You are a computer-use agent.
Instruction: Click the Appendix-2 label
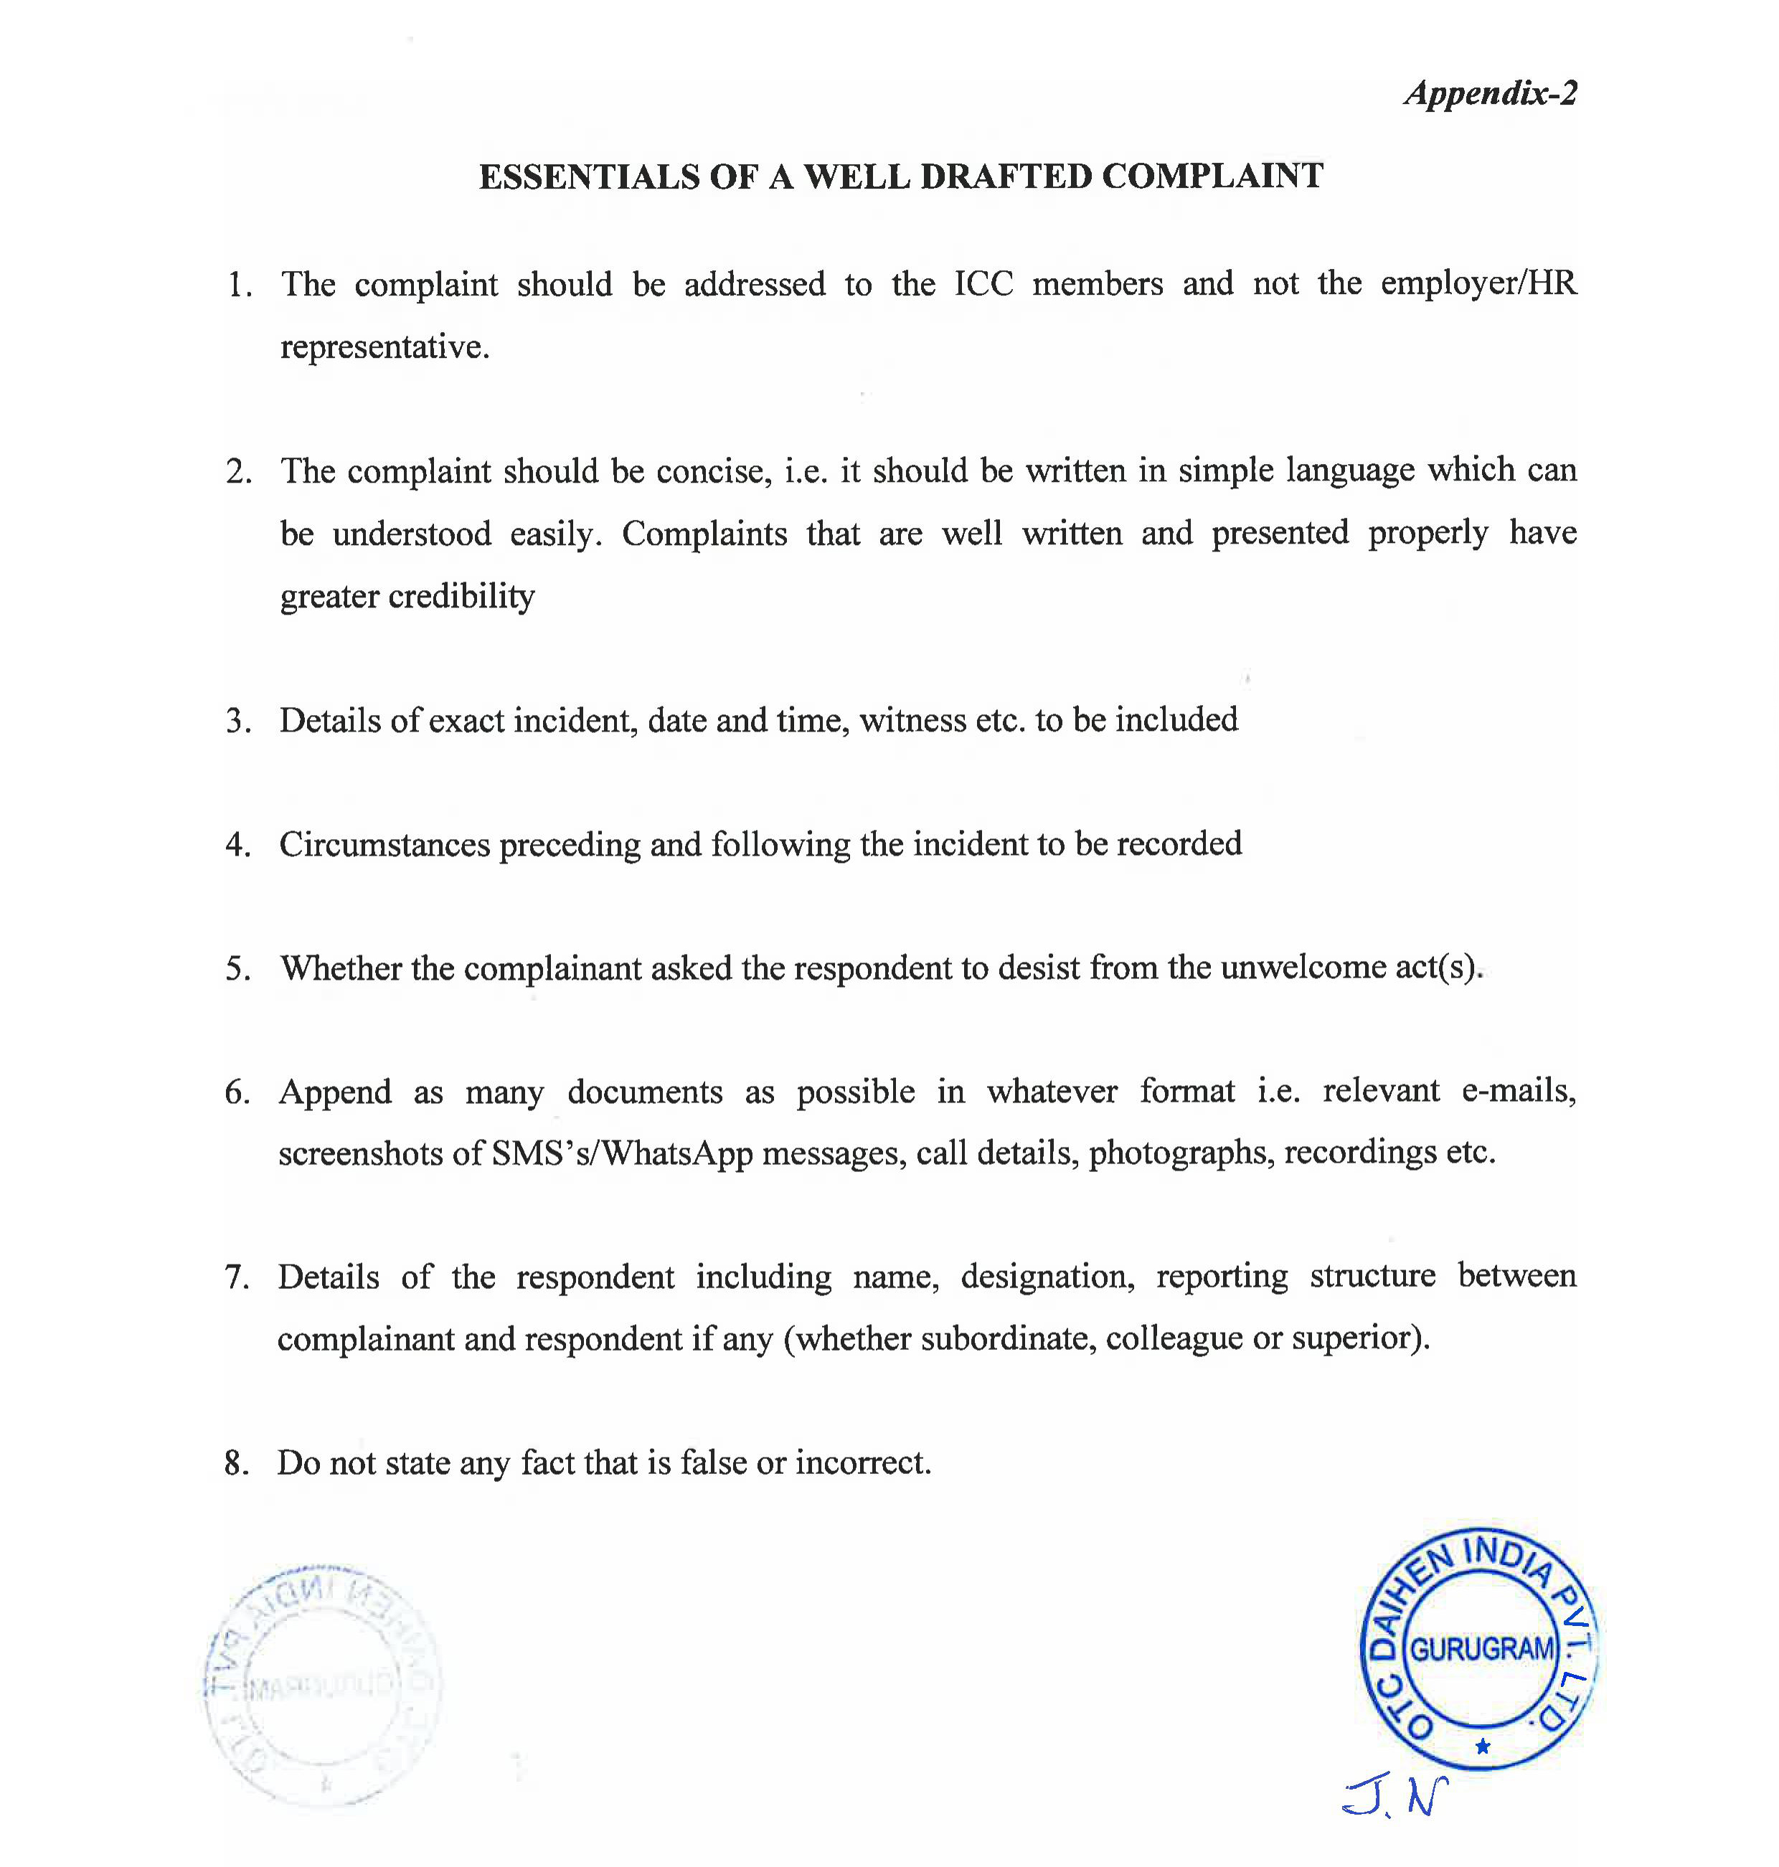click(1490, 94)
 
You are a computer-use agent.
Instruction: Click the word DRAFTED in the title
click(1005, 177)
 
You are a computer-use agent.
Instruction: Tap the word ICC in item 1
click(983, 285)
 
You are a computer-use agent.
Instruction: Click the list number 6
click(236, 1093)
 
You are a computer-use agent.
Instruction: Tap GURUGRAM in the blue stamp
click(1482, 1649)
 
